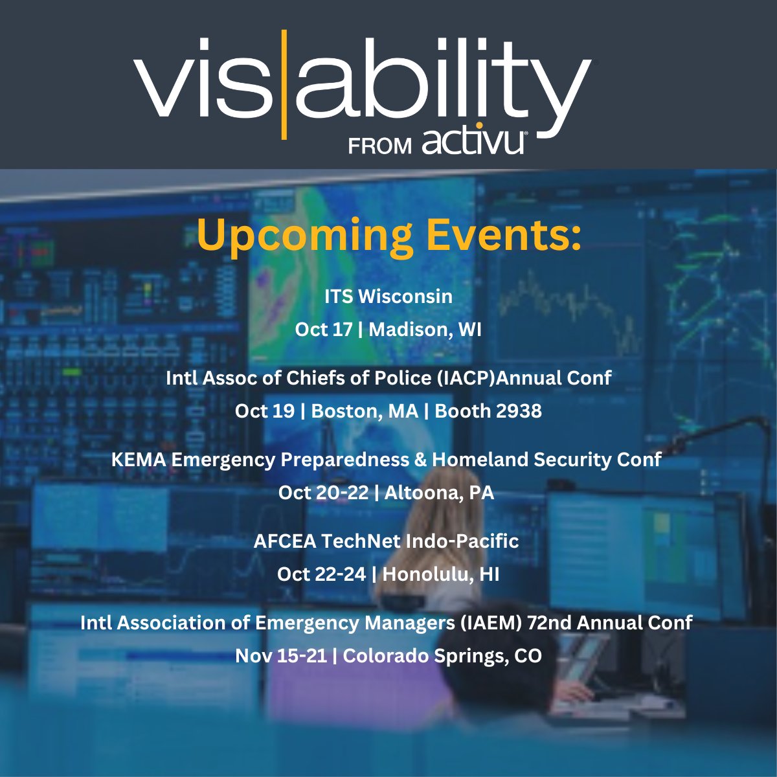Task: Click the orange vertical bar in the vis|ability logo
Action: coord(284,84)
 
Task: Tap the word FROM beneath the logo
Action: coord(380,146)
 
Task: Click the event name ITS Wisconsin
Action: coord(388,297)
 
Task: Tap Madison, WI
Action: coord(425,330)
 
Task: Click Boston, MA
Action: coord(365,411)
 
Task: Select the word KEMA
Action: coord(138,460)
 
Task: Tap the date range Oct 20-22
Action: coord(323,493)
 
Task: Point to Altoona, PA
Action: coord(439,493)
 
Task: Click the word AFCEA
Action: coord(282,541)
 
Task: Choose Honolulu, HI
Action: coord(441,574)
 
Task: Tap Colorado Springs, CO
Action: coord(442,656)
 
